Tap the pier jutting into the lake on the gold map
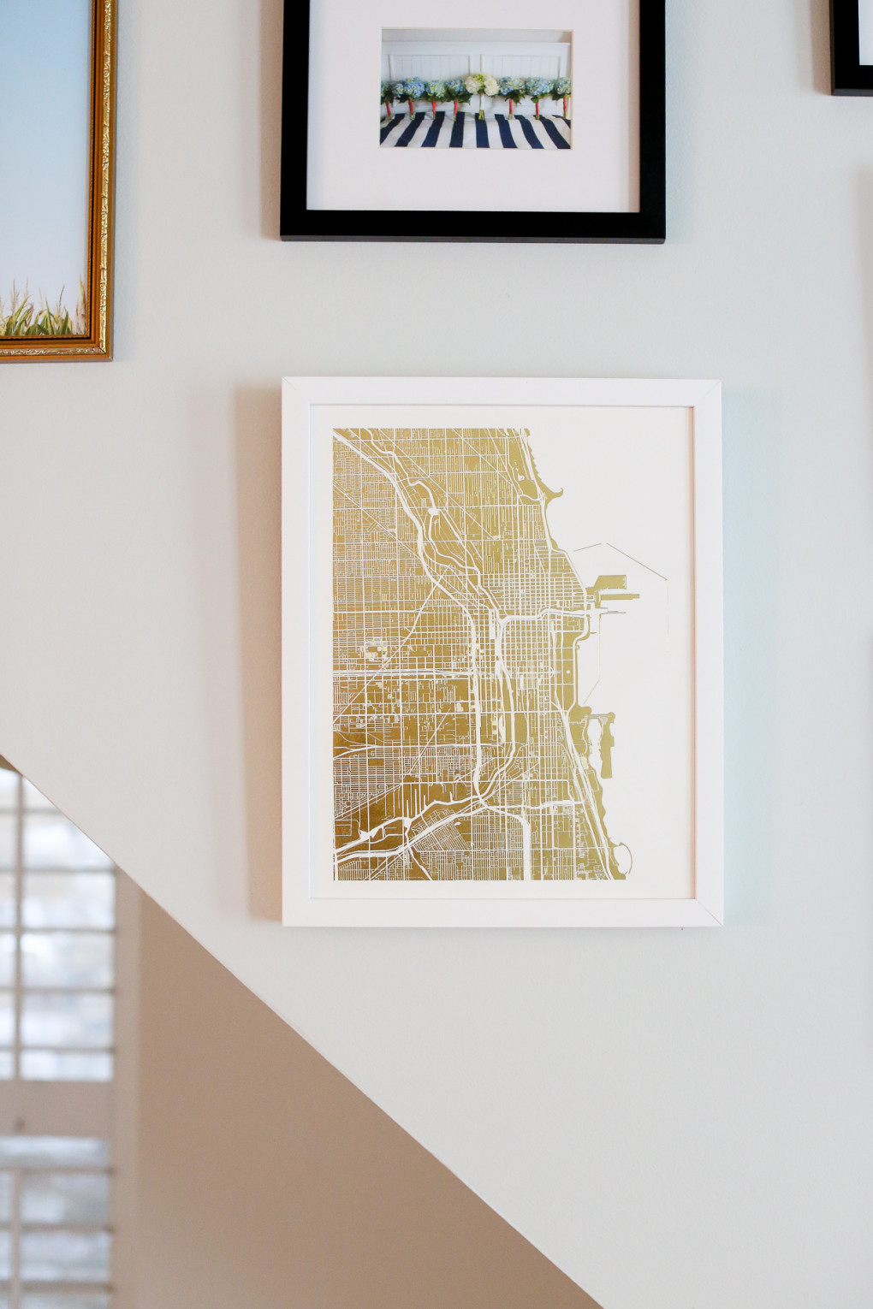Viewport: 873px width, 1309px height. click(x=619, y=595)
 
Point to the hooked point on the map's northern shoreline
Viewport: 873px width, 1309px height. click(x=555, y=492)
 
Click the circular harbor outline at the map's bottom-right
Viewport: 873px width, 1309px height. click(x=622, y=856)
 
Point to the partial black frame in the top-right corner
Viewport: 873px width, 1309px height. click(x=851, y=51)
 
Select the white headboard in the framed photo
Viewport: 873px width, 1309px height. click(x=476, y=56)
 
